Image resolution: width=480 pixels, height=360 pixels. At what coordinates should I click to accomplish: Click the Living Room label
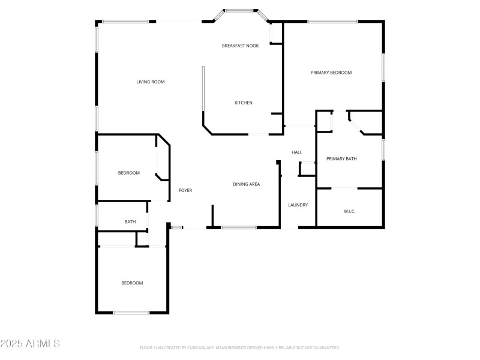[150, 82]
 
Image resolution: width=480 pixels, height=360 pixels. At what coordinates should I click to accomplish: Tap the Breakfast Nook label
[240, 46]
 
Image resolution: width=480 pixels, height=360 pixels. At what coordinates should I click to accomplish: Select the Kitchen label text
[243, 103]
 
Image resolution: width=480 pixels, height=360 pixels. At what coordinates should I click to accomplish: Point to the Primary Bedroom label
[331, 73]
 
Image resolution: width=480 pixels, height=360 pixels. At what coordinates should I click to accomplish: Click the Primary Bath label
[341, 159]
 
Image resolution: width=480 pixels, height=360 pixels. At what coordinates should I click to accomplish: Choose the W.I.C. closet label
[349, 211]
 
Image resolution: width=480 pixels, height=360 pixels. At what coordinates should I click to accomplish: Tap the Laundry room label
[298, 205]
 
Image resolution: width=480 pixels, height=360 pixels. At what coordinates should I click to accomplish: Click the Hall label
[296, 152]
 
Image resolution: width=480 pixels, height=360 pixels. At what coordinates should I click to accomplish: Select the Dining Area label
[246, 184]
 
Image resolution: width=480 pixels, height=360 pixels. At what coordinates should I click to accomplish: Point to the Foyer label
[185, 190]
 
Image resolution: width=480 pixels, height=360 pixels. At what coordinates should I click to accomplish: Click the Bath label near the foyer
[130, 222]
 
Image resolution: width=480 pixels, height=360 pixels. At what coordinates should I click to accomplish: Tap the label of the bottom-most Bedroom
[132, 283]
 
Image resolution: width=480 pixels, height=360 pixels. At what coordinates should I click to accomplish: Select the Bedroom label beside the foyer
[128, 173]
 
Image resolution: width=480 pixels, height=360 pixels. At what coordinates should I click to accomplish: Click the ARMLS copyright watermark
[30, 344]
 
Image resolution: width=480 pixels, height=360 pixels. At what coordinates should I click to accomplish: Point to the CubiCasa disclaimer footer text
[240, 347]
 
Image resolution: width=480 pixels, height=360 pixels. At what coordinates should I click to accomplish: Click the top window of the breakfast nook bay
[238, 10]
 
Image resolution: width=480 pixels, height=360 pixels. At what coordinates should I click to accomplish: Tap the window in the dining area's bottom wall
[239, 227]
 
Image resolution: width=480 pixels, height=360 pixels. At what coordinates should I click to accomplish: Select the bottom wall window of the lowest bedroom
[131, 312]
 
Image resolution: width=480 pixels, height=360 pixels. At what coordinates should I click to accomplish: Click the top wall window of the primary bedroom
[332, 22]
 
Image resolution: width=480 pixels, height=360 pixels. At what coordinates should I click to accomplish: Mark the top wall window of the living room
[125, 22]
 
